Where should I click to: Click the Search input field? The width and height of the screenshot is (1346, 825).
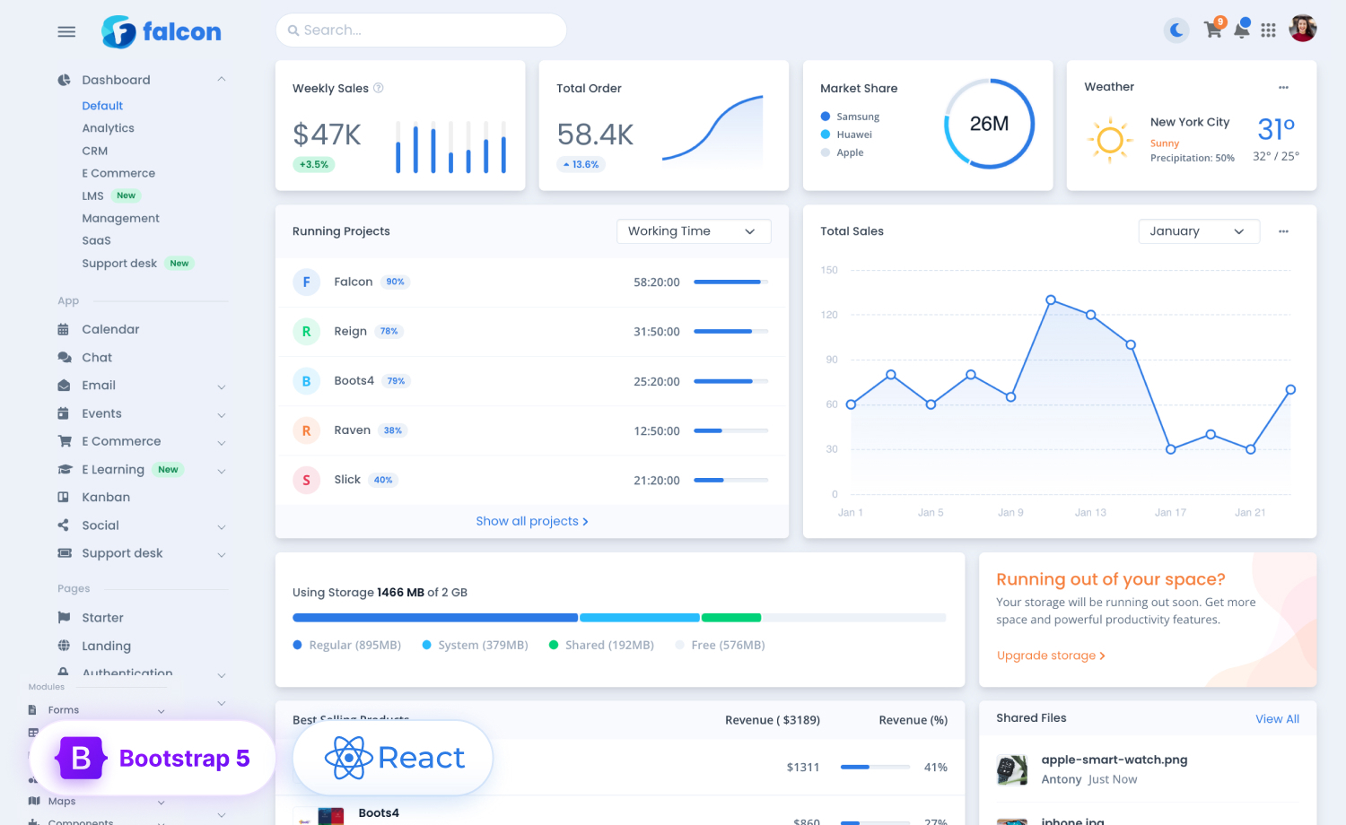(422, 30)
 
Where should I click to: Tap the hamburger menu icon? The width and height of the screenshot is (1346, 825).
(66, 31)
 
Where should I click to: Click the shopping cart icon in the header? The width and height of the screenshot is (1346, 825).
(1212, 30)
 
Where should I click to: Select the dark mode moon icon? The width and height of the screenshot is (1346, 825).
(1176, 30)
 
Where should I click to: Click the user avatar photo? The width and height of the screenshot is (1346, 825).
(1302, 29)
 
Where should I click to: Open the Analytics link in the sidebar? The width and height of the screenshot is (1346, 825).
(108, 128)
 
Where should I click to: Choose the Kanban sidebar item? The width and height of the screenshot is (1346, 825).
(106, 497)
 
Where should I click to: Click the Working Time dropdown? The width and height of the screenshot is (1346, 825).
(693, 231)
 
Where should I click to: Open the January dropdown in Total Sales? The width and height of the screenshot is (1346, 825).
(1198, 231)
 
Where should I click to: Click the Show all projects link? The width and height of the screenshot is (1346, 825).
(531, 521)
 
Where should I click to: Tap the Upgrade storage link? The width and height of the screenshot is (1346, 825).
(1050, 656)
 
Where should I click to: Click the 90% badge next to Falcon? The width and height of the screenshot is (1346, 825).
(395, 282)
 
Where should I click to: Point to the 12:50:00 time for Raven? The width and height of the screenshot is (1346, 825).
(657, 430)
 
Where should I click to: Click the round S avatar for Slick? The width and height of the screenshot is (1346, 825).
(306, 480)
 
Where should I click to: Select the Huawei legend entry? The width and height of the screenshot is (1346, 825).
(853, 135)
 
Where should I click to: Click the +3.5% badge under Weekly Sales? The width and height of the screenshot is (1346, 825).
(314, 164)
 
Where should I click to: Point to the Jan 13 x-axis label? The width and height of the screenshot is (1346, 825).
(1090, 513)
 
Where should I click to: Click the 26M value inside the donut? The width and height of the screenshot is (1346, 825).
(989, 124)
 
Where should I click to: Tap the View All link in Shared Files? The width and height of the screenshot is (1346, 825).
(1277, 719)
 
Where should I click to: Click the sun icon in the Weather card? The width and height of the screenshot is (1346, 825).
(1110, 140)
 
